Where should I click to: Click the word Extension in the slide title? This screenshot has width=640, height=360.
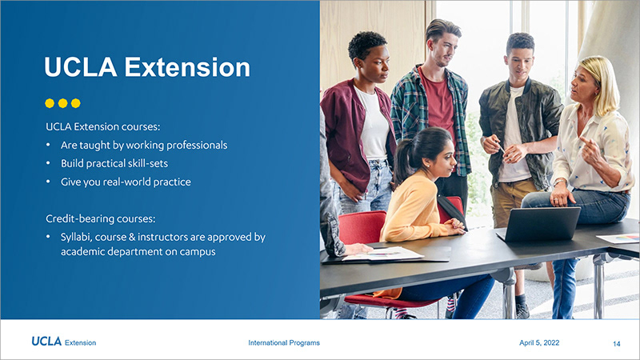click(187, 67)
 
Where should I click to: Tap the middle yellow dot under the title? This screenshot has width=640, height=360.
click(62, 103)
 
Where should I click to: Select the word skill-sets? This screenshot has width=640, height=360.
click(148, 163)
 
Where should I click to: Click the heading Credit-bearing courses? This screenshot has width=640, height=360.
click(101, 218)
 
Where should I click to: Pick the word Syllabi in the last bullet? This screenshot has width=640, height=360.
click(76, 237)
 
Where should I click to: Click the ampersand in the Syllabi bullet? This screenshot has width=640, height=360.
click(131, 237)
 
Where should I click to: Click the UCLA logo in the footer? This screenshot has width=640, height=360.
click(46, 342)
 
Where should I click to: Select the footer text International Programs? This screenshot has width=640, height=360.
click(284, 343)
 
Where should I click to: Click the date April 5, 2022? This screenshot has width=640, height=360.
click(539, 343)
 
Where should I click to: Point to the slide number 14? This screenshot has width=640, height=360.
click(616, 344)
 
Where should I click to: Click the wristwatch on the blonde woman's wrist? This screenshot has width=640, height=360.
click(558, 181)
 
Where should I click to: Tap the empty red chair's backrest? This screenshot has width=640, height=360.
click(362, 227)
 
